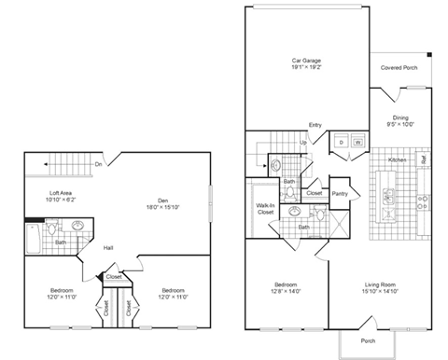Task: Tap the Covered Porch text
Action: pos(404,68)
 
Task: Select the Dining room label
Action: pos(400,118)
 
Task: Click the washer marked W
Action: pos(357,142)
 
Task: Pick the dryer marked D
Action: pos(342,142)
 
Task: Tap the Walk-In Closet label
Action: pos(265,209)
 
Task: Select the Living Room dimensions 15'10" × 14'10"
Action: pos(386,292)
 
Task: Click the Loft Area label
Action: pos(62,194)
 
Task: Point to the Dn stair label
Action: pos(99,165)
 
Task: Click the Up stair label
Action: pos(303,143)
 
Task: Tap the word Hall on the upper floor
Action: pos(108,247)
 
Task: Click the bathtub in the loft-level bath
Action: pos(32,239)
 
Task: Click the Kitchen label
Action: pos(397,161)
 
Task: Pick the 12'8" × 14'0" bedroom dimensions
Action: pos(286,292)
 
